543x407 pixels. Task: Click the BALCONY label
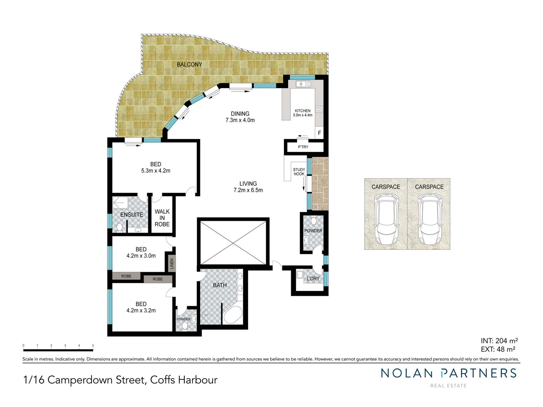[189, 64]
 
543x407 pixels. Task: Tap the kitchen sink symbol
[303, 84]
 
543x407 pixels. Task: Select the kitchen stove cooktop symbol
[319, 109]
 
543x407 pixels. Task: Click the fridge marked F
[319, 133]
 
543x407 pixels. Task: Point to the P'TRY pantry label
[303, 147]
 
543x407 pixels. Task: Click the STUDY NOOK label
[299, 172]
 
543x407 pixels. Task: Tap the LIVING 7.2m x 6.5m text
[248, 187]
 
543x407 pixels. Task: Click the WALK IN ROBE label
[162, 218]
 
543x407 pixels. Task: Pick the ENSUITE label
[132, 215]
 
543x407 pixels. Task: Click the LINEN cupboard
[172, 264]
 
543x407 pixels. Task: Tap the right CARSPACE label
[429, 187]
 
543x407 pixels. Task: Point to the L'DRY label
[313, 279]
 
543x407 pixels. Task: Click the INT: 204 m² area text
[499, 341]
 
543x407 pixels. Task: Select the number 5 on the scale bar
[93, 345]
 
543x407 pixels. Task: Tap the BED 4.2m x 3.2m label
[141, 307]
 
